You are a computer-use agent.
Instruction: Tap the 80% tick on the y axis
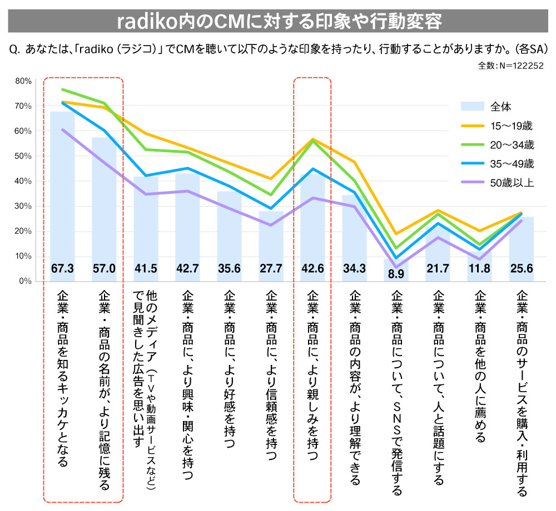tap(23, 81)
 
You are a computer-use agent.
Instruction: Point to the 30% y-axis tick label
tap(23, 206)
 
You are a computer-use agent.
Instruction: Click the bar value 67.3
tap(62, 269)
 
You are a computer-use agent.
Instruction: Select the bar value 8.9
tap(396, 274)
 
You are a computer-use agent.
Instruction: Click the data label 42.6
tap(312, 269)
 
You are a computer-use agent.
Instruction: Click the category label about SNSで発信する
tap(396, 392)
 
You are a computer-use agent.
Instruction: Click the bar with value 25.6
tap(521, 244)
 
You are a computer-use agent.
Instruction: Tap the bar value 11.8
tap(479, 269)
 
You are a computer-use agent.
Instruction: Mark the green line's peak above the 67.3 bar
tap(62, 89)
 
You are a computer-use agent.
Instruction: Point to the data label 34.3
tap(354, 269)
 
